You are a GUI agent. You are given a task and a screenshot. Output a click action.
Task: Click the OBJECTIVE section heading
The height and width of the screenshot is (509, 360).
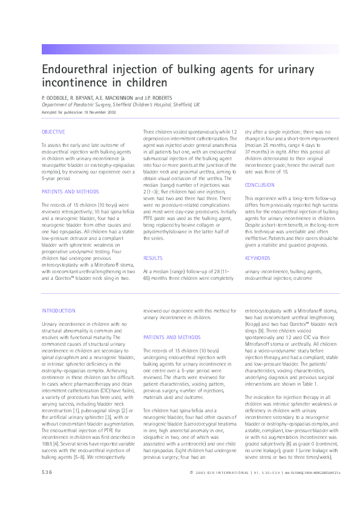click(53, 132)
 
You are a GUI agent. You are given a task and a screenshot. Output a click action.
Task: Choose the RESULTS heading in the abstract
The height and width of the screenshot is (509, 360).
click(152, 258)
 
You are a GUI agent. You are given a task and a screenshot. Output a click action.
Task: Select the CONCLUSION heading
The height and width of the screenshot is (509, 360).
click(260, 184)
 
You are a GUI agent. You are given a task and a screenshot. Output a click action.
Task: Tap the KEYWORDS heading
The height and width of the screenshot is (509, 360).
click(258, 258)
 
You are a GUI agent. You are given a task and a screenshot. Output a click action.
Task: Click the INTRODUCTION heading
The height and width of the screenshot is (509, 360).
click(59, 311)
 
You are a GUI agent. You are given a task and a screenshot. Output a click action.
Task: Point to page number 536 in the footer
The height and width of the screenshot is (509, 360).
click(47, 488)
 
